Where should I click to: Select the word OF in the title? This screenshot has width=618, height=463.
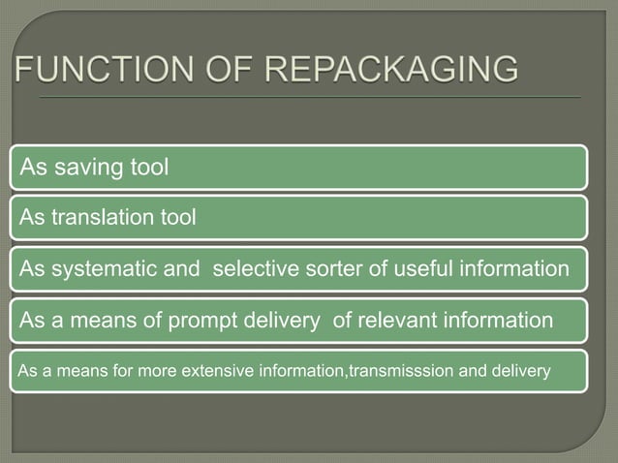point(209,72)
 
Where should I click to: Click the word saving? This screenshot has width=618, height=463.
point(84,168)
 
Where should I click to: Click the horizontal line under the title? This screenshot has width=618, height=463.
point(310,98)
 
